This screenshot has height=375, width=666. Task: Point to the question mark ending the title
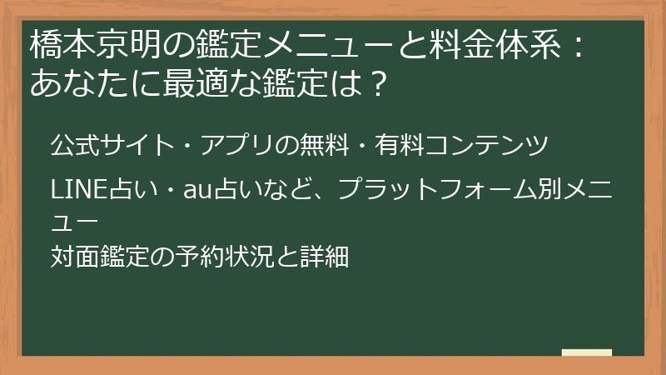pos(378,83)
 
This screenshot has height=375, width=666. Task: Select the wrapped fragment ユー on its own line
pos(73,222)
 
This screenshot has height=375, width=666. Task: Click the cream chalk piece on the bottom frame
pos(586,352)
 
